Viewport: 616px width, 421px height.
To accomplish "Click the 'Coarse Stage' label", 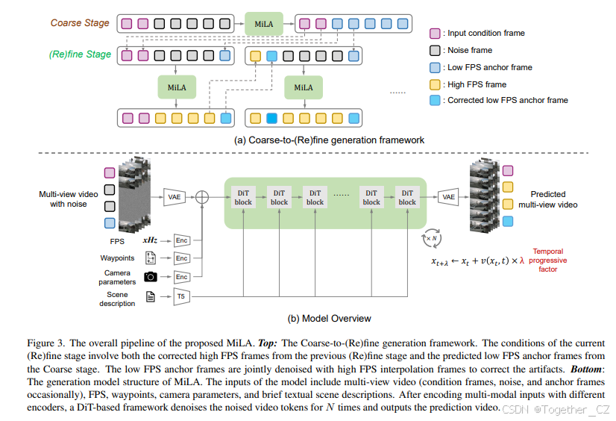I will (81, 23).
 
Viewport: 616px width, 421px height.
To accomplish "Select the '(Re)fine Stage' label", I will (80, 54).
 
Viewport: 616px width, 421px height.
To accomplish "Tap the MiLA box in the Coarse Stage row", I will (264, 24).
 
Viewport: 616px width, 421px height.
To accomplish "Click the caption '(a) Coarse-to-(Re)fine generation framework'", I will (329, 140).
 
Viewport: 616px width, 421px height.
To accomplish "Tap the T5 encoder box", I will (180, 297).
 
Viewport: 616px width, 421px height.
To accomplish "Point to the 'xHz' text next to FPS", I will (150, 240).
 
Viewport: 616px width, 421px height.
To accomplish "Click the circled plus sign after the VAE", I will (201, 197).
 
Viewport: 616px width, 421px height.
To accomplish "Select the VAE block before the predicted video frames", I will (448, 197).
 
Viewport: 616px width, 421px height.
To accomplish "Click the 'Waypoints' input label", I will (117, 258).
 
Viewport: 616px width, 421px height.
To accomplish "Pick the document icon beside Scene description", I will (150, 297).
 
